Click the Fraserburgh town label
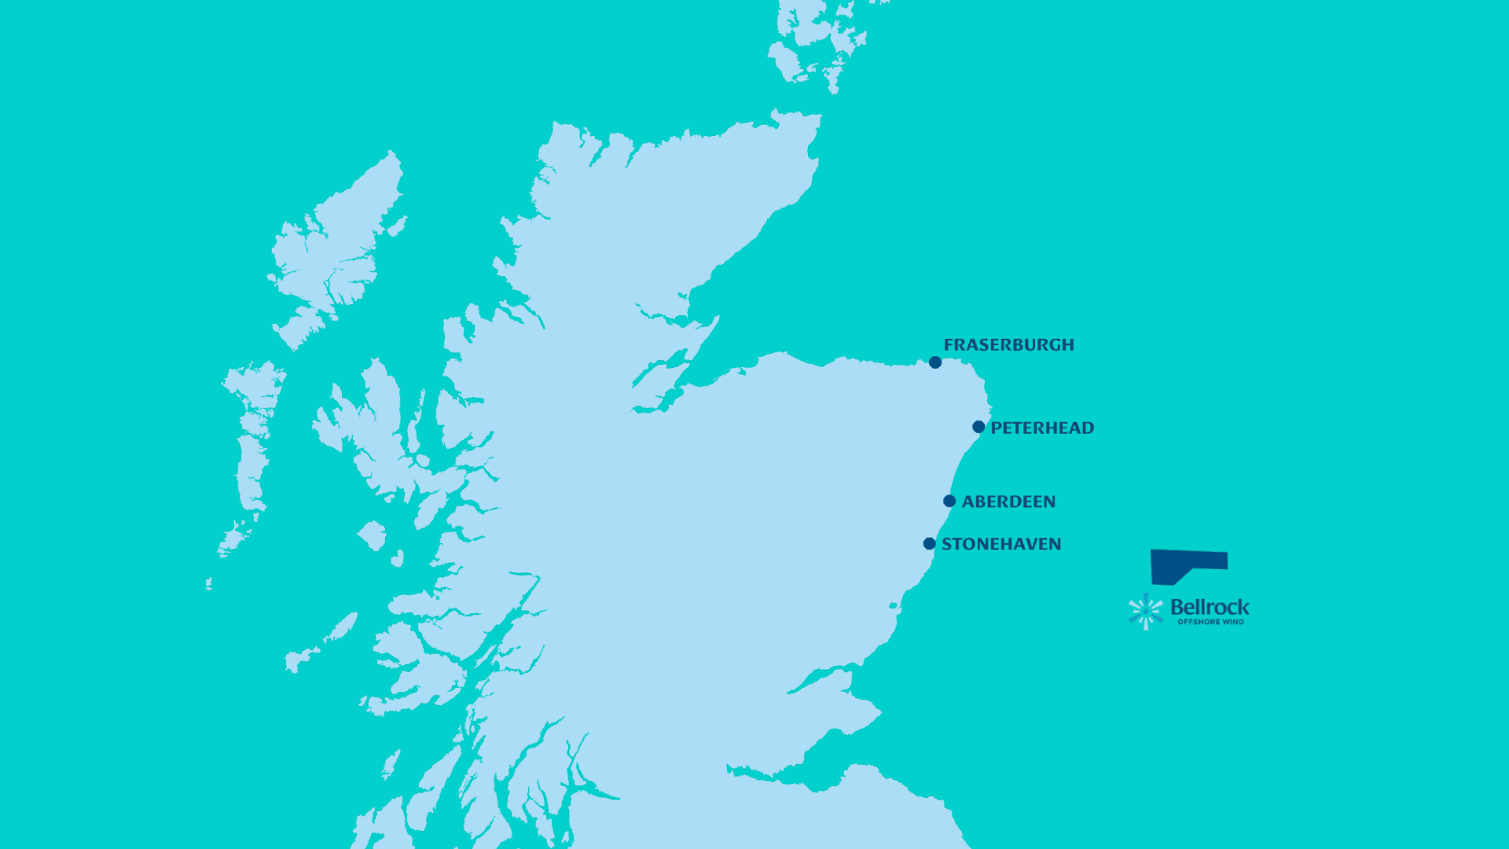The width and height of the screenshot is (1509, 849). [1008, 345]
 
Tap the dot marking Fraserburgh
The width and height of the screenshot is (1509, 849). [935, 362]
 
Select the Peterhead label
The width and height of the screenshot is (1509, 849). [1042, 428]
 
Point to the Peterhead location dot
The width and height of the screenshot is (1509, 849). [978, 427]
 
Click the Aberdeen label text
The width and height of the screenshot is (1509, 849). [1008, 502]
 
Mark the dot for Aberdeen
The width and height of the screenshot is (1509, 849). [949, 501]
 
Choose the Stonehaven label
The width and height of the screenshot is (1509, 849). [1001, 544]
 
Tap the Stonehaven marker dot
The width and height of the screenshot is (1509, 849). [929, 543]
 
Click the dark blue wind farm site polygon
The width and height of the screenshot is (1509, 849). [1179, 563]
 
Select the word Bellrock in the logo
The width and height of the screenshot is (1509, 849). [1210, 607]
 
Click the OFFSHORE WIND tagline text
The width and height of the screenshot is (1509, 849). [1210, 622]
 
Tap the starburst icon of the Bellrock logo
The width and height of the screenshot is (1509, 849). [1146, 612]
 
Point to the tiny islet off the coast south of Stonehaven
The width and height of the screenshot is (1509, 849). [894, 605]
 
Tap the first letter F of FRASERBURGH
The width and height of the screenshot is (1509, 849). [949, 345]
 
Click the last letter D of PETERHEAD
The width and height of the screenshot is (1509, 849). [1088, 428]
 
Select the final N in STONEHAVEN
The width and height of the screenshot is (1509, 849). [1055, 544]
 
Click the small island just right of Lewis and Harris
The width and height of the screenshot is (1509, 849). [397, 226]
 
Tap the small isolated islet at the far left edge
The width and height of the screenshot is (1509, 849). [209, 583]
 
